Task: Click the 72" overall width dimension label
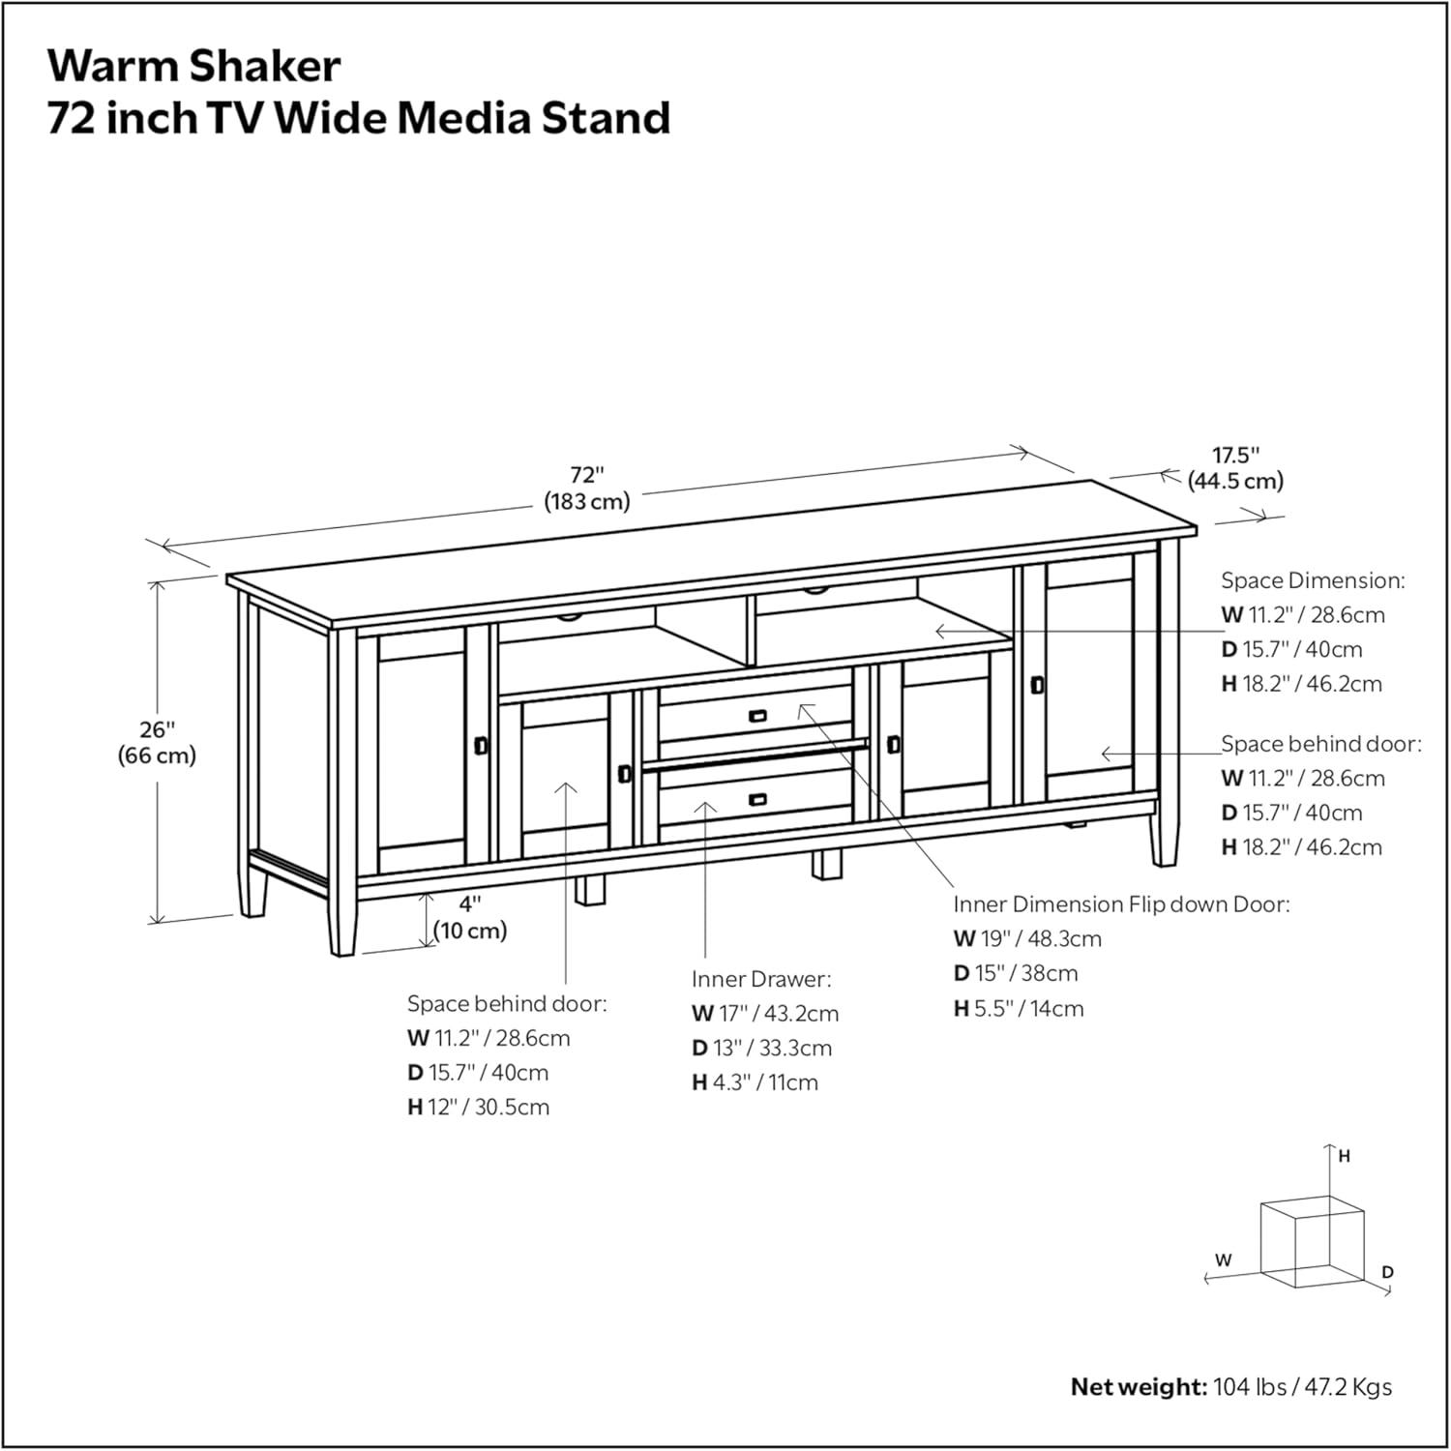point(586,488)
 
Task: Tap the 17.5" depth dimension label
point(1235,467)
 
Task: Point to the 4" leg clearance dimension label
point(470,917)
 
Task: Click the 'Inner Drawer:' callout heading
point(761,979)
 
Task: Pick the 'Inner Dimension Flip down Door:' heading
point(1121,904)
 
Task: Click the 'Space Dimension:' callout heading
point(1312,580)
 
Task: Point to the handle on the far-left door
point(481,745)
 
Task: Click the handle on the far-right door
point(1038,685)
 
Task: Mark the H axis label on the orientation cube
point(1344,1156)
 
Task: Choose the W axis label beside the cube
point(1224,1260)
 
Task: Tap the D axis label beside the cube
point(1387,1272)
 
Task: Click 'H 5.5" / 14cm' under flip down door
point(1019,1008)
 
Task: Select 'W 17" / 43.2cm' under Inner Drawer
point(765,1014)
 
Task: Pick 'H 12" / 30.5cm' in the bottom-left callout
point(478,1107)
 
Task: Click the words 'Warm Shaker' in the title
point(194,66)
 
